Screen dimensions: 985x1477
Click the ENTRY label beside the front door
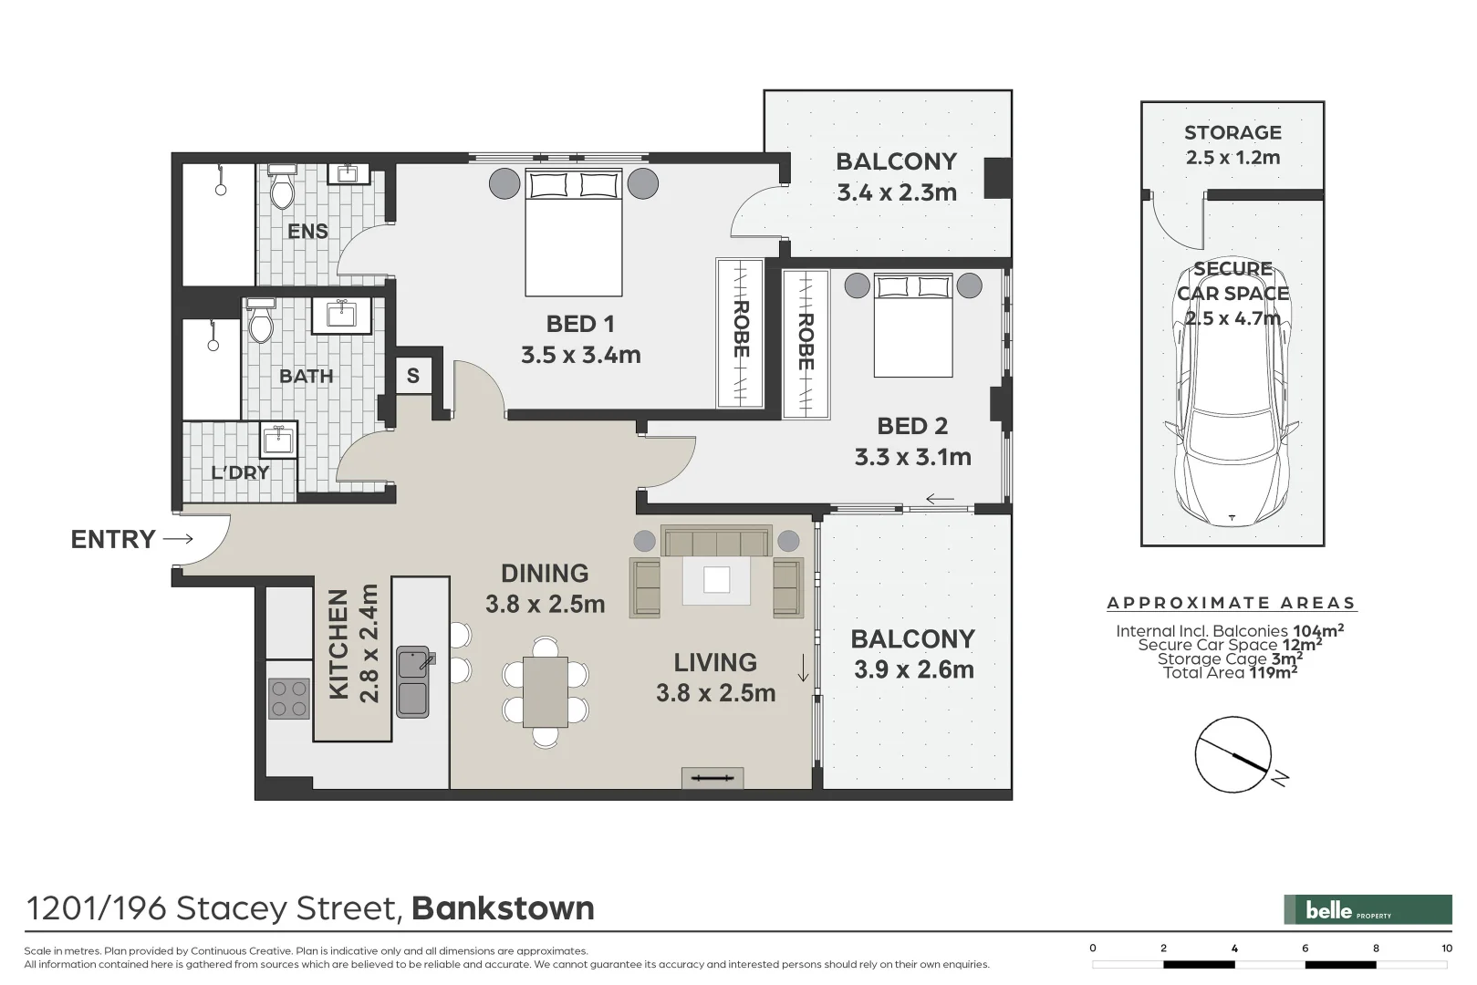coord(113,539)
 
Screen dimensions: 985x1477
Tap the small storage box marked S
coord(413,376)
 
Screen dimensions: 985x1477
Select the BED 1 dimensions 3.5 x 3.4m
coord(580,355)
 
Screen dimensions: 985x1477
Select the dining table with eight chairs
coord(546,692)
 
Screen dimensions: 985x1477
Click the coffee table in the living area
coord(716,580)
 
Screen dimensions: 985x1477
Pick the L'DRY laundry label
coord(240,472)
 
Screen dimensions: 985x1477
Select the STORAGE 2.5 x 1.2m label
coord(1233,144)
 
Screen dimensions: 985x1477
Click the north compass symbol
coord(1233,754)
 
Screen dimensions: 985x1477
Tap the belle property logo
coord(1368,909)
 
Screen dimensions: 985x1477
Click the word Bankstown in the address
coord(503,908)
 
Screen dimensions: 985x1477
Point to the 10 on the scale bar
coord(1446,949)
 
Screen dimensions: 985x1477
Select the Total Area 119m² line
coord(1230,672)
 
